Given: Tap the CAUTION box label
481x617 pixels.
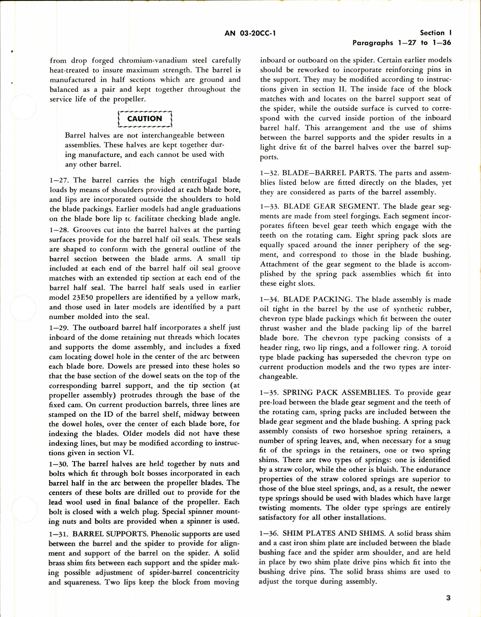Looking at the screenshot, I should point(145,119).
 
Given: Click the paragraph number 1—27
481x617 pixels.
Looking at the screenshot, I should point(58,180).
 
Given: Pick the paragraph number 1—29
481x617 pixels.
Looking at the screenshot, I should point(58,328).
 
